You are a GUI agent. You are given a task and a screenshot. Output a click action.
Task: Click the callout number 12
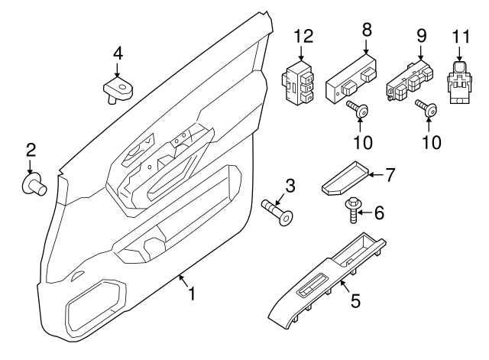coord(303,36)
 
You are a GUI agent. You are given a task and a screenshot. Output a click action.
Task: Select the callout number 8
coord(366,30)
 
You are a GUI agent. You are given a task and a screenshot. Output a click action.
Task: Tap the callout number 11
coord(459,36)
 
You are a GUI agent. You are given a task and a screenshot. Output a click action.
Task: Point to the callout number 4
coord(118,53)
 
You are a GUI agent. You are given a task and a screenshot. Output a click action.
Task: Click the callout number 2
coord(31,148)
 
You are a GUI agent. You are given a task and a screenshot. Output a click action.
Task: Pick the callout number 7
coord(389,175)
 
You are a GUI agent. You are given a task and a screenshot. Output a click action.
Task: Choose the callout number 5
coord(355,302)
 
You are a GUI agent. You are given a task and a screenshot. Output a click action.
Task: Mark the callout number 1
coord(192,293)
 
